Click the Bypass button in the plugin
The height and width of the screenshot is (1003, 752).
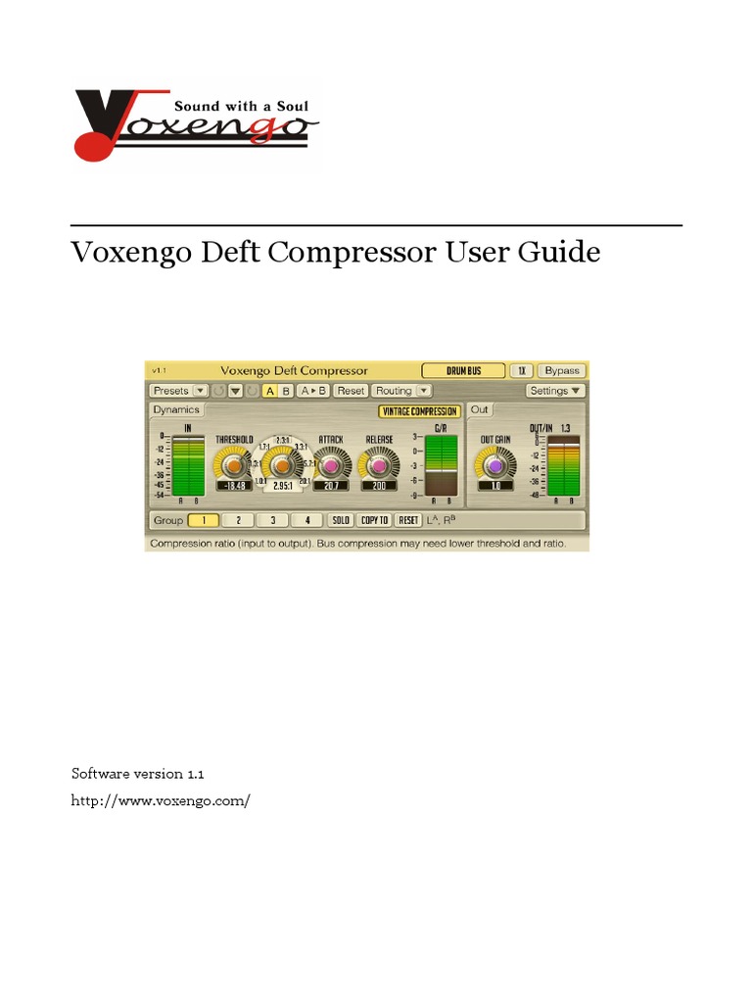point(562,370)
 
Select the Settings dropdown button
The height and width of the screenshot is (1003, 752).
point(554,391)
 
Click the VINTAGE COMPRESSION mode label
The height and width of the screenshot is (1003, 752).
point(419,411)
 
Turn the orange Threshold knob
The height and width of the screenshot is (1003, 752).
point(233,464)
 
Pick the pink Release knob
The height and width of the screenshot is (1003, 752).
point(379,464)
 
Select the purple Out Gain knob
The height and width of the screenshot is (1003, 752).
point(495,464)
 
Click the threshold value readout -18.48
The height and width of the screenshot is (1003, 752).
point(233,486)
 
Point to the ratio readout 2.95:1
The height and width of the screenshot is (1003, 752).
point(281,486)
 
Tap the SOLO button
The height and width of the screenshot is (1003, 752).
point(340,520)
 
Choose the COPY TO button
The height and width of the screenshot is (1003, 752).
point(374,520)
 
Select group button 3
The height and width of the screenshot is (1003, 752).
point(273,520)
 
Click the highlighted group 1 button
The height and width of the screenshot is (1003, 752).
point(204,520)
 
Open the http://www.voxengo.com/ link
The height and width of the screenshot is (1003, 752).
point(161,800)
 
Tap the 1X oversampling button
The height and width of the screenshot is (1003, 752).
point(523,370)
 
